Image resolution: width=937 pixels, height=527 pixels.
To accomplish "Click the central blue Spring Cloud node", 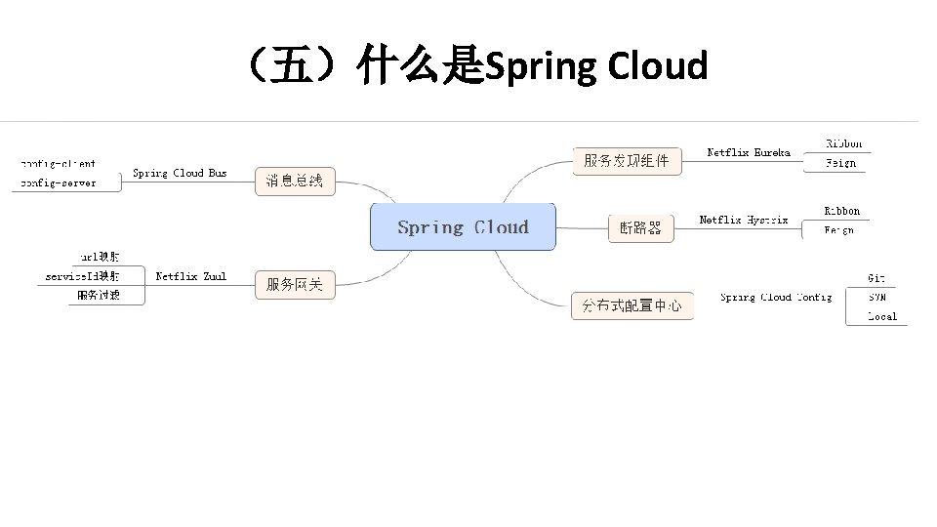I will coord(463,227).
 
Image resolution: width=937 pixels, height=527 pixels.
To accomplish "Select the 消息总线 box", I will coord(295,181).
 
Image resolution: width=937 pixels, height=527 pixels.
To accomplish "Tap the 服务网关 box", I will coord(295,285).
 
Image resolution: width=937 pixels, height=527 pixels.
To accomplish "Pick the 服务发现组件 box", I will coord(627,161).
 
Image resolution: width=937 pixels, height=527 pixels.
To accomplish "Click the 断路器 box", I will coord(640,227).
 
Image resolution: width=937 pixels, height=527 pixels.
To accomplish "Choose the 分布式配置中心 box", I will coord(631,305).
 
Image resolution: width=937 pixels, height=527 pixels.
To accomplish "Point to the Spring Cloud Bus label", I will coord(180,173).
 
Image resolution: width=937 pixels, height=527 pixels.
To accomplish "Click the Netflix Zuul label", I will coord(190,276).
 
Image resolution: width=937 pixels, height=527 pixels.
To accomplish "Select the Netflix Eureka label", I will coord(749,152).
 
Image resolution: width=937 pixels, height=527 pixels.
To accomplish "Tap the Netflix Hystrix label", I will coord(744,220).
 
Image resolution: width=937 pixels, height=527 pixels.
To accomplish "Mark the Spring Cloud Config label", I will coord(776,297).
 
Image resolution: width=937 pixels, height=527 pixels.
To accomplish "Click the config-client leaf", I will coord(58,164).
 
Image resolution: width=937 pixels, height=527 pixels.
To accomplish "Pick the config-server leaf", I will coord(58,182).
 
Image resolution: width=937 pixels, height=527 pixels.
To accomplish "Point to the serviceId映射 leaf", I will coord(83,276).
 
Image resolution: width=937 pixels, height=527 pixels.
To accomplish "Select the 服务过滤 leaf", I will coord(99,295).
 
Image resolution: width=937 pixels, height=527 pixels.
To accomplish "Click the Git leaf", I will coord(876,278).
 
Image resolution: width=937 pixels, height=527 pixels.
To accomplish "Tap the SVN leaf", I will coord(876,297).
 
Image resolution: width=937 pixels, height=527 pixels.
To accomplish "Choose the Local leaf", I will coord(881,316).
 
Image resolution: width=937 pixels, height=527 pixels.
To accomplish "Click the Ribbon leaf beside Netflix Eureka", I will coord(843,144).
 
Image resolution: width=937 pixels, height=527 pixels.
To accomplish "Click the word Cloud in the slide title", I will coord(657,67).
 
